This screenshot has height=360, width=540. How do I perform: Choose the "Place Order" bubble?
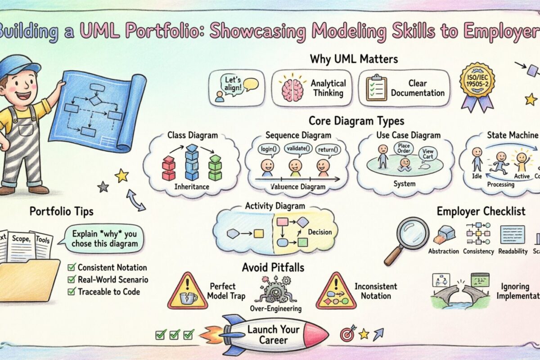click(x=403, y=148)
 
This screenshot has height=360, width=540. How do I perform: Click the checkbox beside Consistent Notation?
click(x=71, y=267)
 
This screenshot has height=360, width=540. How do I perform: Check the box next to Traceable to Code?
click(x=71, y=292)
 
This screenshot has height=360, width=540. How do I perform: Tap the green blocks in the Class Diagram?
click(x=215, y=167)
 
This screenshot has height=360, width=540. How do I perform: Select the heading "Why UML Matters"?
click(x=354, y=59)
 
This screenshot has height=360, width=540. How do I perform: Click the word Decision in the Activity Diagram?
click(x=319, y=232)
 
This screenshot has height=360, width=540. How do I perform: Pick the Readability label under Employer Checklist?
click(x=513, y=252)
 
